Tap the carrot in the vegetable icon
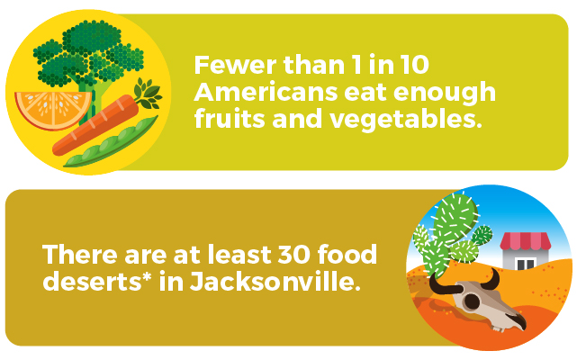coord(95,125)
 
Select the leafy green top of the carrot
coord(148,94)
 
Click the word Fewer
coord(235,65)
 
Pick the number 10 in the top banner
coord(415,65)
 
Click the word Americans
coord(266,92)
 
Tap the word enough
coord(445,94)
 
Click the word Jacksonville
coord(275,281)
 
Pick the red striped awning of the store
coord(526,241)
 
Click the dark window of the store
coord(526,265)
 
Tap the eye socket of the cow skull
coord(472,301)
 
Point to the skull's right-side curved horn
coord(491,279)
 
